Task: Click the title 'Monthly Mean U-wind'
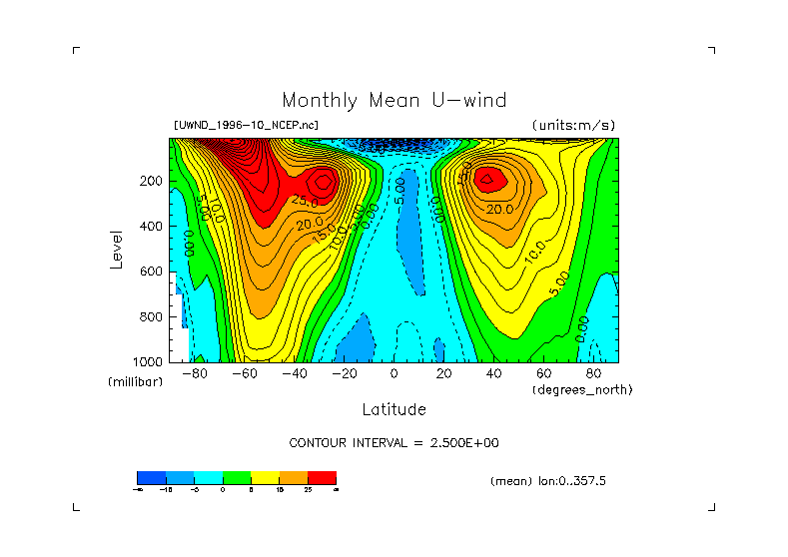point(394,101)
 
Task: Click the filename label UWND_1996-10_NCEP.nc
point(246,126)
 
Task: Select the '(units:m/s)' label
point(573,126)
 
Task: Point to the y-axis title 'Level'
point(118,248)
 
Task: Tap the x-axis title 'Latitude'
point(394,409)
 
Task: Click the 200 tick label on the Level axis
point(152,182)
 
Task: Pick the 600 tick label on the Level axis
point(152,272)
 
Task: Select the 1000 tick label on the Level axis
point(149,361)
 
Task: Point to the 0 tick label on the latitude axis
point(394,374)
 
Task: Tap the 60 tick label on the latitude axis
point(543,374)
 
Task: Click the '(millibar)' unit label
point(135,383)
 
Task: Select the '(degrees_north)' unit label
point(582,389)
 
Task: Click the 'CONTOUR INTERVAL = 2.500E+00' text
point(394,443)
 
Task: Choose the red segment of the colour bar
point(322,477)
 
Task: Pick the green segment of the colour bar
point(236,477)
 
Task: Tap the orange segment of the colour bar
point(294,477)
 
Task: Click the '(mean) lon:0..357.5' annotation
point(548,481)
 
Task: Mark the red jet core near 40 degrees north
point(489,180)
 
